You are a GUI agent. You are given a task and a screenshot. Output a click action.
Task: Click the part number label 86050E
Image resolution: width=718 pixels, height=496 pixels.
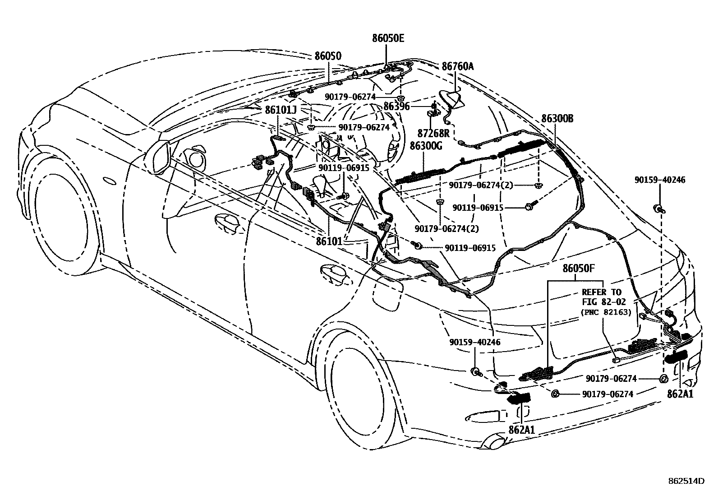coord(388,39)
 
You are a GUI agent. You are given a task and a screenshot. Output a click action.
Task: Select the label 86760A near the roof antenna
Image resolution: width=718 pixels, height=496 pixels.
coord(458,67)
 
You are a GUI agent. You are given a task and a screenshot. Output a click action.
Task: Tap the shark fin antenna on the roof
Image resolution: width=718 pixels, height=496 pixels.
coord(451,99)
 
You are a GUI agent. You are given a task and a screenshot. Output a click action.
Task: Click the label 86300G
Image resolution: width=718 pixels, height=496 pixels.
coord(426,146)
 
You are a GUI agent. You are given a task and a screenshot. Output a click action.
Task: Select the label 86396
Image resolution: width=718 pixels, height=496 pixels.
coord(397,107)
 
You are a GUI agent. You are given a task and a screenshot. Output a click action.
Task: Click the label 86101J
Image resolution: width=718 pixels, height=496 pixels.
coord(281,110)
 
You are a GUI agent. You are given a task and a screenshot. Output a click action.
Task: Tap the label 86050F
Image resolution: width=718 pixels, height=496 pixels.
coord(579,269)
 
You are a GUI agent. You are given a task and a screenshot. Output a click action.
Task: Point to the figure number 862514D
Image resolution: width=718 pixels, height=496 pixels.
coord(686,481)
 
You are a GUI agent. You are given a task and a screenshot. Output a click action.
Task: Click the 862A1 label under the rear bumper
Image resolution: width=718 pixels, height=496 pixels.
coord(522,430)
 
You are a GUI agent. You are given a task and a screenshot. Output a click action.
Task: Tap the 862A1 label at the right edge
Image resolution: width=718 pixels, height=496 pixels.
coord(680,394)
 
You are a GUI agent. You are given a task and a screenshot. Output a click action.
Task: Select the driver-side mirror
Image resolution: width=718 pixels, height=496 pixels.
coord(158,157)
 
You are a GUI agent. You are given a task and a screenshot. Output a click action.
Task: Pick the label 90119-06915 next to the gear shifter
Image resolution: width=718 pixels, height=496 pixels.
coord(344,167)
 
